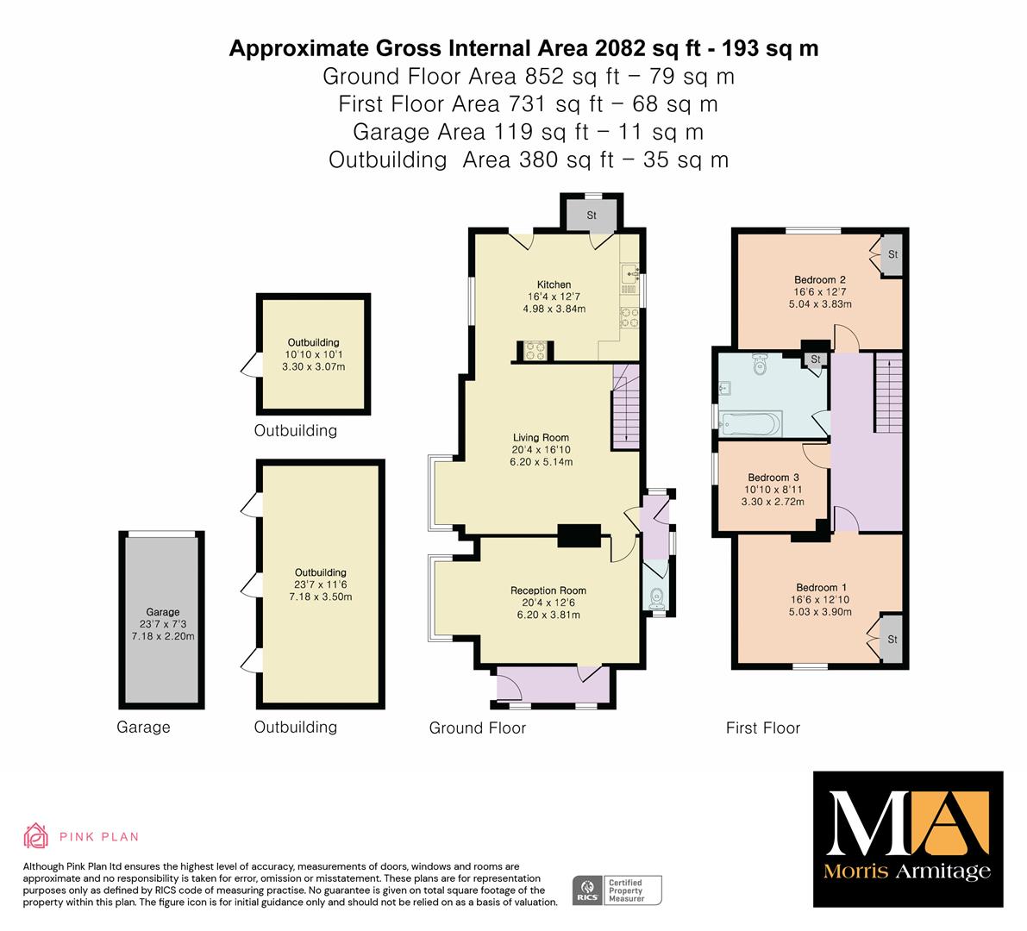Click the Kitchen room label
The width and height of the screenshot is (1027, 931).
coord(554,284)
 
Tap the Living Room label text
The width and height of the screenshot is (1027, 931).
coord(541,437)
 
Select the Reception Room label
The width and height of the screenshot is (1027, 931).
coord(548,590)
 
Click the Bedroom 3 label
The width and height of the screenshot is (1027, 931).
coord(773,478)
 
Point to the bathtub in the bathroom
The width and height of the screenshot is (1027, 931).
coord(750,423)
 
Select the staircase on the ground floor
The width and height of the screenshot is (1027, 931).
coord(625,407)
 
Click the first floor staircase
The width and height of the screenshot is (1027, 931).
coord(889,392)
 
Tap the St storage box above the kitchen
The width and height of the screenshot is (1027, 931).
coord(592,215)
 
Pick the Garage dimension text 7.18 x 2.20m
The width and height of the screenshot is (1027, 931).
coord(163,636)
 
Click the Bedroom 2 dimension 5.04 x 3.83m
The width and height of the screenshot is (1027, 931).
coord(820,303)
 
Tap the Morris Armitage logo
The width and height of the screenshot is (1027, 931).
coord(908,839)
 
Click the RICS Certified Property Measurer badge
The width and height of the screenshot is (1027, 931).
coord(617,890)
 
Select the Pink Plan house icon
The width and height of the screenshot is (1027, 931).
coord(35,836)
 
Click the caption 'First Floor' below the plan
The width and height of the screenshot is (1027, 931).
coord(763,728)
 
